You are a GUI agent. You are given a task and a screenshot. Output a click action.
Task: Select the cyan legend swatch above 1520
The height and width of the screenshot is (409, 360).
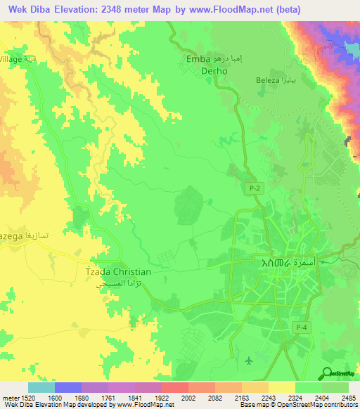(x=41, y=387)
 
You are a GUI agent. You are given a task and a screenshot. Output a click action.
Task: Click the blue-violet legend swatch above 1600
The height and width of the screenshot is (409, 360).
(x=68, y=387)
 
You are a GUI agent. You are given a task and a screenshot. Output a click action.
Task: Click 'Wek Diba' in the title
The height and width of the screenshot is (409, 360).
(x=32, y=9)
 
